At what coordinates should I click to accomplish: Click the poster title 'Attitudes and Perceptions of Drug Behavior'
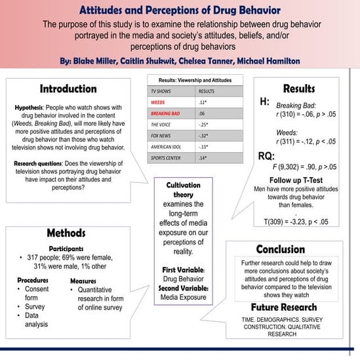pos(179,10)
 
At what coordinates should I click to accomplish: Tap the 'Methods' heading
pos(66,233)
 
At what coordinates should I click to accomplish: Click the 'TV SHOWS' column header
pos(163,90)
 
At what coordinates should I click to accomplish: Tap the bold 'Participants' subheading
pos(66,249)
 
